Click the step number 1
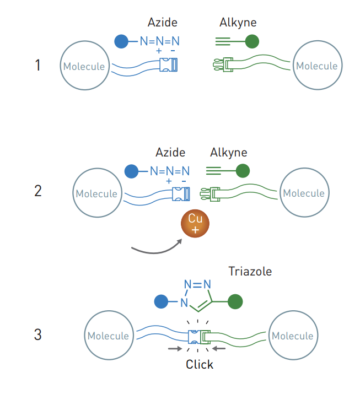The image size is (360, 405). point(37,66)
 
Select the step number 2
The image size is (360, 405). point(37,191)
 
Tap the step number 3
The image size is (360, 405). point(37,334)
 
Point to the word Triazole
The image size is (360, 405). point(250,272)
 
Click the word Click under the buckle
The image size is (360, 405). point(199,364)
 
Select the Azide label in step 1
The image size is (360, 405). point(162,23)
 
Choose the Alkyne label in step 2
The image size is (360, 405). point(228,153)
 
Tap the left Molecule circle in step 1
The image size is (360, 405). point(84,66)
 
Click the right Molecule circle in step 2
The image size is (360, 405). point(303,193)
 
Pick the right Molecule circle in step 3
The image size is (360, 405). point(292,336)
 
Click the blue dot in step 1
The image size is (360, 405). point(121,41)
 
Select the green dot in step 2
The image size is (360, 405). point(243,171)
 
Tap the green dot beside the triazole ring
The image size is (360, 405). point(235,302)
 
